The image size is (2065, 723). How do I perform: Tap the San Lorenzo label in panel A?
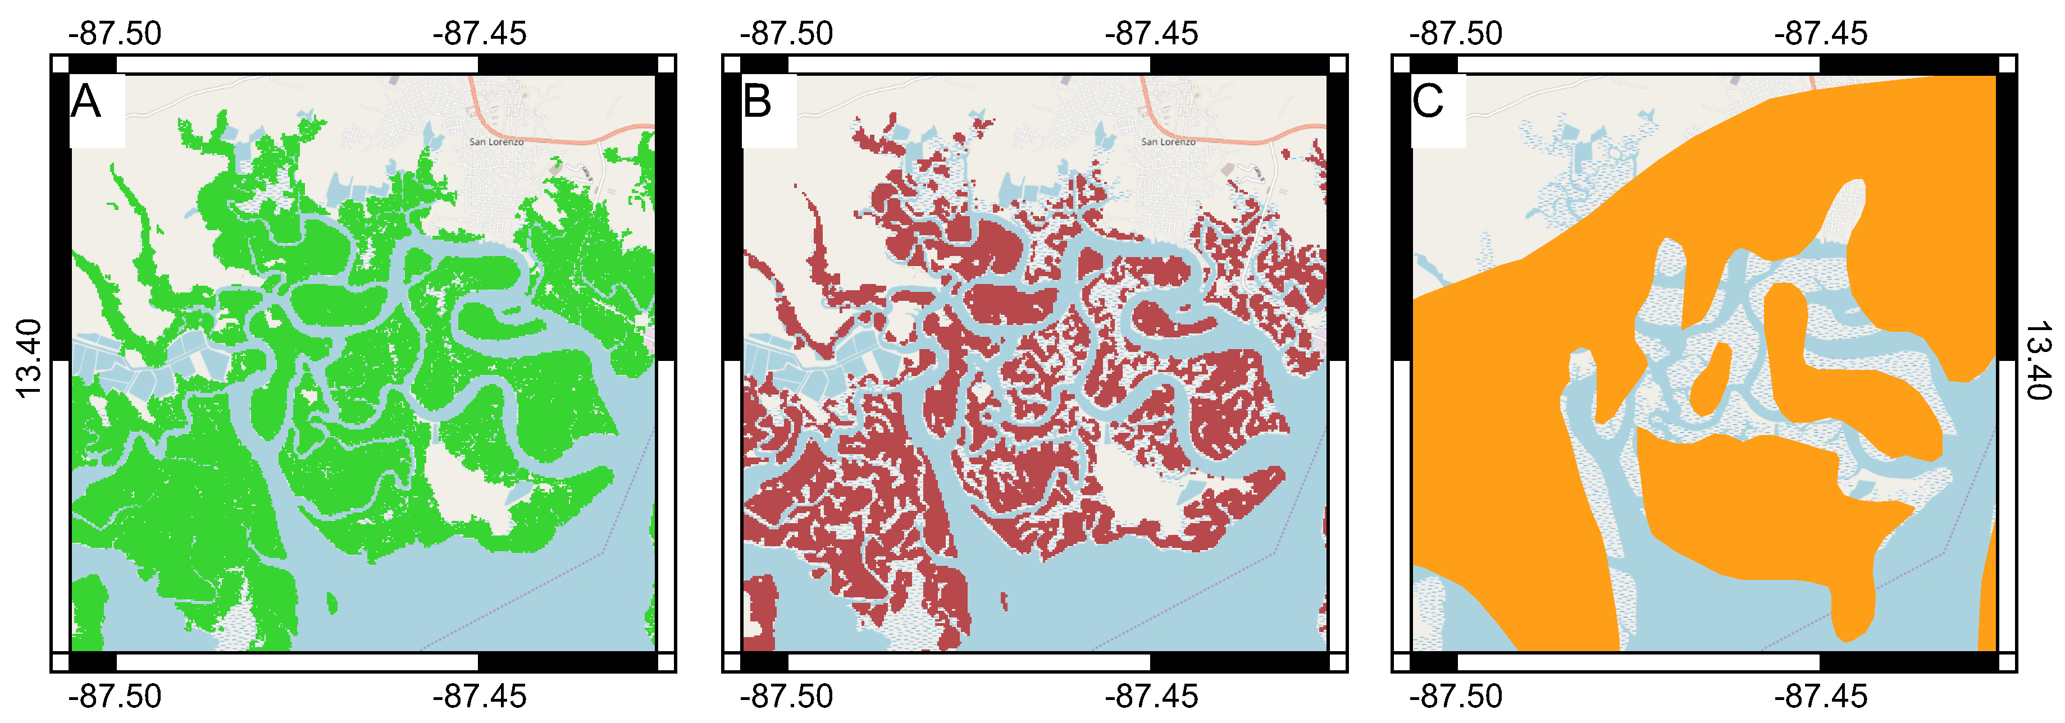496,142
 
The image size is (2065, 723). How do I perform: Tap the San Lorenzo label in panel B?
1168,142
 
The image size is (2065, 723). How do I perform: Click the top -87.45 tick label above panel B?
1151,34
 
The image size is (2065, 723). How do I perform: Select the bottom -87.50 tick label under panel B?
786,695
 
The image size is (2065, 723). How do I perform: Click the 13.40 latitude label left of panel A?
29,358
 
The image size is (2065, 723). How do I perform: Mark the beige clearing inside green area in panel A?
469,489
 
